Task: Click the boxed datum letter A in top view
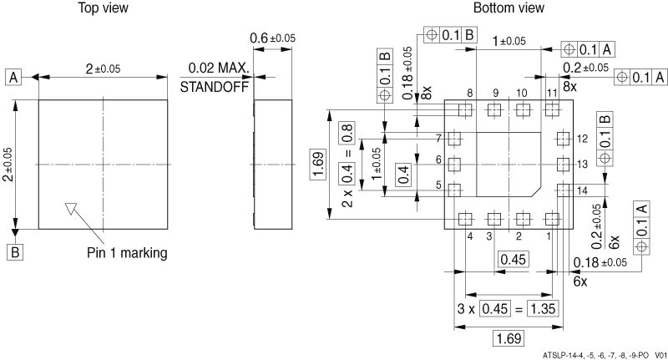tap(14, 78)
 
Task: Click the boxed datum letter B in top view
tap(14, 251)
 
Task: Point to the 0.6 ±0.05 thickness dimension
tap(272, 38)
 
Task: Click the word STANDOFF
tap(215, 86)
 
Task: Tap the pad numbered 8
tap(466, 109)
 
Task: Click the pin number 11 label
tap(552, 92)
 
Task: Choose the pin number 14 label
tap(582, 190)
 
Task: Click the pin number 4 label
tap(470, 237)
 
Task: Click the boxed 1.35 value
tap(542, 310)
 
